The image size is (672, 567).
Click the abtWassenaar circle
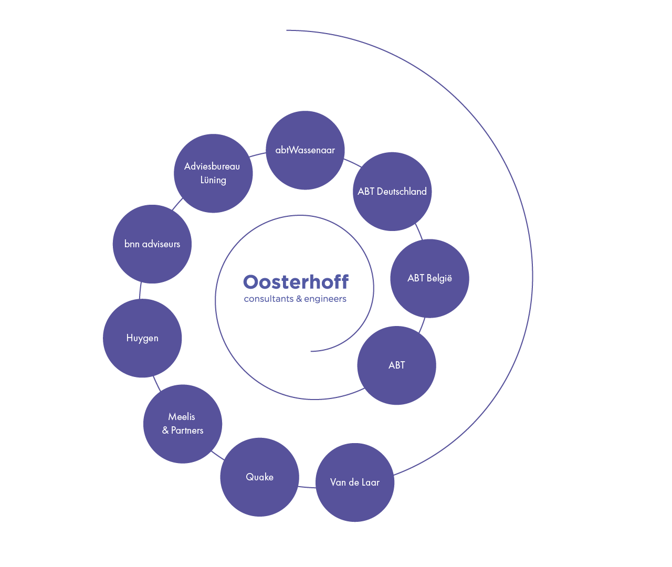pos(305,150)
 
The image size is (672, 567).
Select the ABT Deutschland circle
pos(392,192)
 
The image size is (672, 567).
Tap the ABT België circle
pos(429,278)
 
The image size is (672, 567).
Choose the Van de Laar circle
pos(355,482)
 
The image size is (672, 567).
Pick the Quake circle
pos(259,477)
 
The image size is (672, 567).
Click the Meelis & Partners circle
pos(182,424)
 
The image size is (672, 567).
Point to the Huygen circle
pos(142,338)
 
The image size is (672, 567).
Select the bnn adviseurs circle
pos(152,244)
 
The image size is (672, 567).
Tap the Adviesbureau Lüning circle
pos(213,173)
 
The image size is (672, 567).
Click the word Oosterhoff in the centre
pos(296,282)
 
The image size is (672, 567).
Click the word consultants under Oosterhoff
pos(268,299)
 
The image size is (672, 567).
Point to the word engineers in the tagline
pos(325,299)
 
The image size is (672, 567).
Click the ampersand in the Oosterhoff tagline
pos(299,299)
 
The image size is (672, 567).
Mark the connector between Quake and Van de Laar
pos(307,487)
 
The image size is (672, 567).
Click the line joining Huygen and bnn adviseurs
pos(140,291)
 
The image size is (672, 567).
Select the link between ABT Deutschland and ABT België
pos(418,232)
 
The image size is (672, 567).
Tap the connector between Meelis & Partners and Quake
pos(217,455)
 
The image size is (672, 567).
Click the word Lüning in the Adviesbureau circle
pos(213,180)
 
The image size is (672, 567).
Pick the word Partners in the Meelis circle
pos(187,430)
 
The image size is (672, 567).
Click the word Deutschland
pos(402,192)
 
